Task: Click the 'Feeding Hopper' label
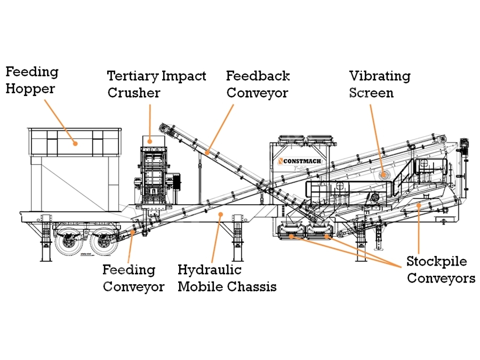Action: [x=32, y=81]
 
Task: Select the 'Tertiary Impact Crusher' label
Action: [x=156, y=84]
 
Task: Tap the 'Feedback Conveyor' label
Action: [x=258, y=84]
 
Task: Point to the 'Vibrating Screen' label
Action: [x=380, y=84]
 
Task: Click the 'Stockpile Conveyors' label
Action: [x=441, y=270]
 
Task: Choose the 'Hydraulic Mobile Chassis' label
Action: [x=227, y=278]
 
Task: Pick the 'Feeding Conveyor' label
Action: [x=133, y=278]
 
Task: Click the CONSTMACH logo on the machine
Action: [x=299, y=161]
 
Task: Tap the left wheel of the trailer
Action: [x=67, y=241]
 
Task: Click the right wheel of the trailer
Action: [x=104, y=241]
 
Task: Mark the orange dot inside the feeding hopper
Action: [x=75, y=143]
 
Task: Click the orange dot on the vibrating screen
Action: [x=382, y=175]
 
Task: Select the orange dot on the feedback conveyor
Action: [x=207, y=152]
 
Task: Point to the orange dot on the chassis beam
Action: [x=220, y=214]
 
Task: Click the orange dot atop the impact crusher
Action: [x=150, y=141]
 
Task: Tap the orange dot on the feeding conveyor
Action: [x=133, y=232]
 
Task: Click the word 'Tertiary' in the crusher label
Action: [x=133, y=76]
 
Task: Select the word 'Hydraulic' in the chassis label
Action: [x=210, y=270]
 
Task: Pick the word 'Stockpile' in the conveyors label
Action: [x=436, y=261]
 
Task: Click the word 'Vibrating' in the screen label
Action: [x=380, y=76]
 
